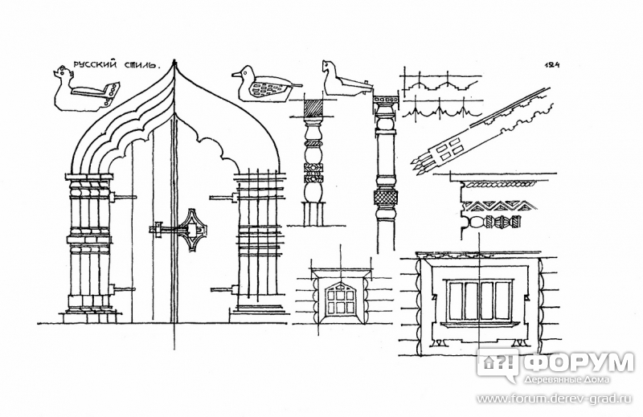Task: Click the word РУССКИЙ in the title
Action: tap(93, 65)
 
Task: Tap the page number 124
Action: tap(552, 65)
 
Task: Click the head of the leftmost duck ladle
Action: tap(63, 74)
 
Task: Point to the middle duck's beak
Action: tap(236, 75)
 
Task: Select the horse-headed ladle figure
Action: tap(347, 80)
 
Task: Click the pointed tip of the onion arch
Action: tap(175, 63)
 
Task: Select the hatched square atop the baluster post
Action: tap(313, 108)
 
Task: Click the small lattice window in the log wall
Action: tap(339, 300)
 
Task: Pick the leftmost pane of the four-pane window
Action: tap(457, 300)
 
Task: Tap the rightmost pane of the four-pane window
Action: tap(503, 300)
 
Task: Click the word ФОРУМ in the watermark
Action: tap(579, 363)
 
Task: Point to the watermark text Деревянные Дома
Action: tap(567, 380)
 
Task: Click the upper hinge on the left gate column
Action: tap(122, 198)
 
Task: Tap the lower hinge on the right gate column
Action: tap(224, 290)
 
